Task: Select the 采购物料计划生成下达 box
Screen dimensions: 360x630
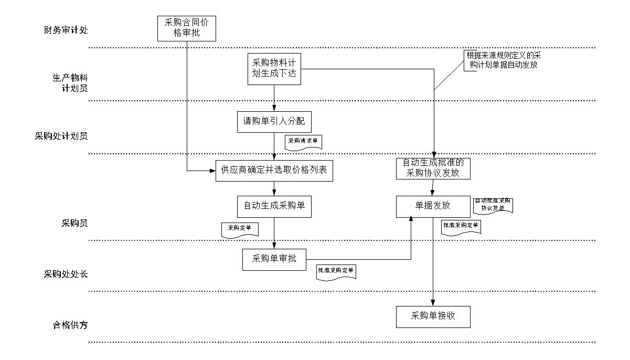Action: [274, 68]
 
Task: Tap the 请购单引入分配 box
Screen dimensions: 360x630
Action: [274, 122]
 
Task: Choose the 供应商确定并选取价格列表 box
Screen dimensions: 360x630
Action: [274, 171]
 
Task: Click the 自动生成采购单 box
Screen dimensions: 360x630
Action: [274, 206]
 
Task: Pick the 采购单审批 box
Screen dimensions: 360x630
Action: [274, 259]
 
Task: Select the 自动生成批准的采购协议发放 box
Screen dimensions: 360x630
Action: [433, 168]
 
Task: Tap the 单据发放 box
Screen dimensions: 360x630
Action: [433, 206]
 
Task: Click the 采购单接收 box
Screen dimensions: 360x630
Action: [433, 316]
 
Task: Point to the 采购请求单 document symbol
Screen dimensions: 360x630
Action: [304, 142]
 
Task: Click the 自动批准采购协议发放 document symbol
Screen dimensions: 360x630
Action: [493, 205]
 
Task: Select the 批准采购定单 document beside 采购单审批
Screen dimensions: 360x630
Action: [336, 271]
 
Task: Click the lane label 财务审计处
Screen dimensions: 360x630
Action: [66, 29]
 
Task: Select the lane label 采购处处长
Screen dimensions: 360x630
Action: [66, 274]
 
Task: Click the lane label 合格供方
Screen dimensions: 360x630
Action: [70, 325]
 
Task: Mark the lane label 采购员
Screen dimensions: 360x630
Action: [74, 224]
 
